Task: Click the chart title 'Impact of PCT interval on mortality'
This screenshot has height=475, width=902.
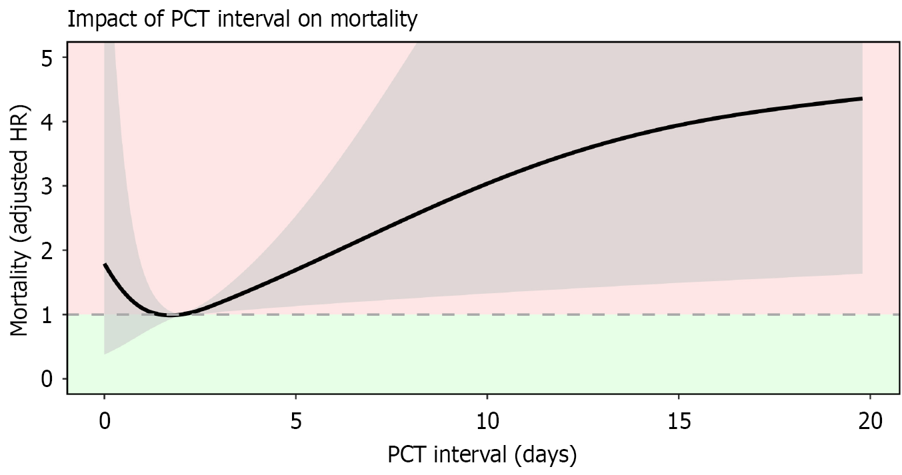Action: pos(242,19)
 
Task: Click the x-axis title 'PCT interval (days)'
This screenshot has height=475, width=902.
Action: pos(481,455)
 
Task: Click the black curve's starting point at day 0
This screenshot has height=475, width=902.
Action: pos(105,264)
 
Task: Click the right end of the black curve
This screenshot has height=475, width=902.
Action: pos(862,99)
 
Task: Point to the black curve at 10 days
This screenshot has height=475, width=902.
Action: pos(487,182)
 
